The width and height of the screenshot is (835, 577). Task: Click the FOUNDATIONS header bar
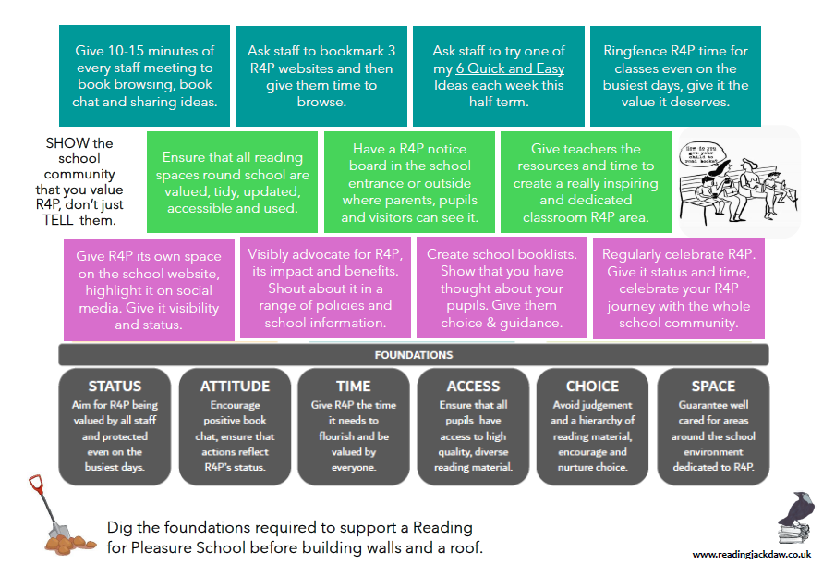[x=413, y=354]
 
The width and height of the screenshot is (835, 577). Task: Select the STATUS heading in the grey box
[x=115, y=386]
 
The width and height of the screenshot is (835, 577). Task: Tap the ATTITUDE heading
[x=235, y=386]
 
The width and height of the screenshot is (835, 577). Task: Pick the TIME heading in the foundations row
[x=353, y=386]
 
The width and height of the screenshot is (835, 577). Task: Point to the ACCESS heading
[x=473, y=386]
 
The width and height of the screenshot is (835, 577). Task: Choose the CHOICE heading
[x=593, y=386]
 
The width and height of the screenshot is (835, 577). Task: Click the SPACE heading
[x=713, y=386]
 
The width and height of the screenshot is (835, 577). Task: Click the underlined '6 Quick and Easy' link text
[x=510, y=68]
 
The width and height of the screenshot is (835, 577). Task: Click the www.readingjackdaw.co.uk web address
[x=751, y=554]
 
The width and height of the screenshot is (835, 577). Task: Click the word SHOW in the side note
[x=65, y=143]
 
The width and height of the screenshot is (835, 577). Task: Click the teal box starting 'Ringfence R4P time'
[x=675, y=77]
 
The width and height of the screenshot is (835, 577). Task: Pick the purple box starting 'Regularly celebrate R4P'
[x=678, y=288]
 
